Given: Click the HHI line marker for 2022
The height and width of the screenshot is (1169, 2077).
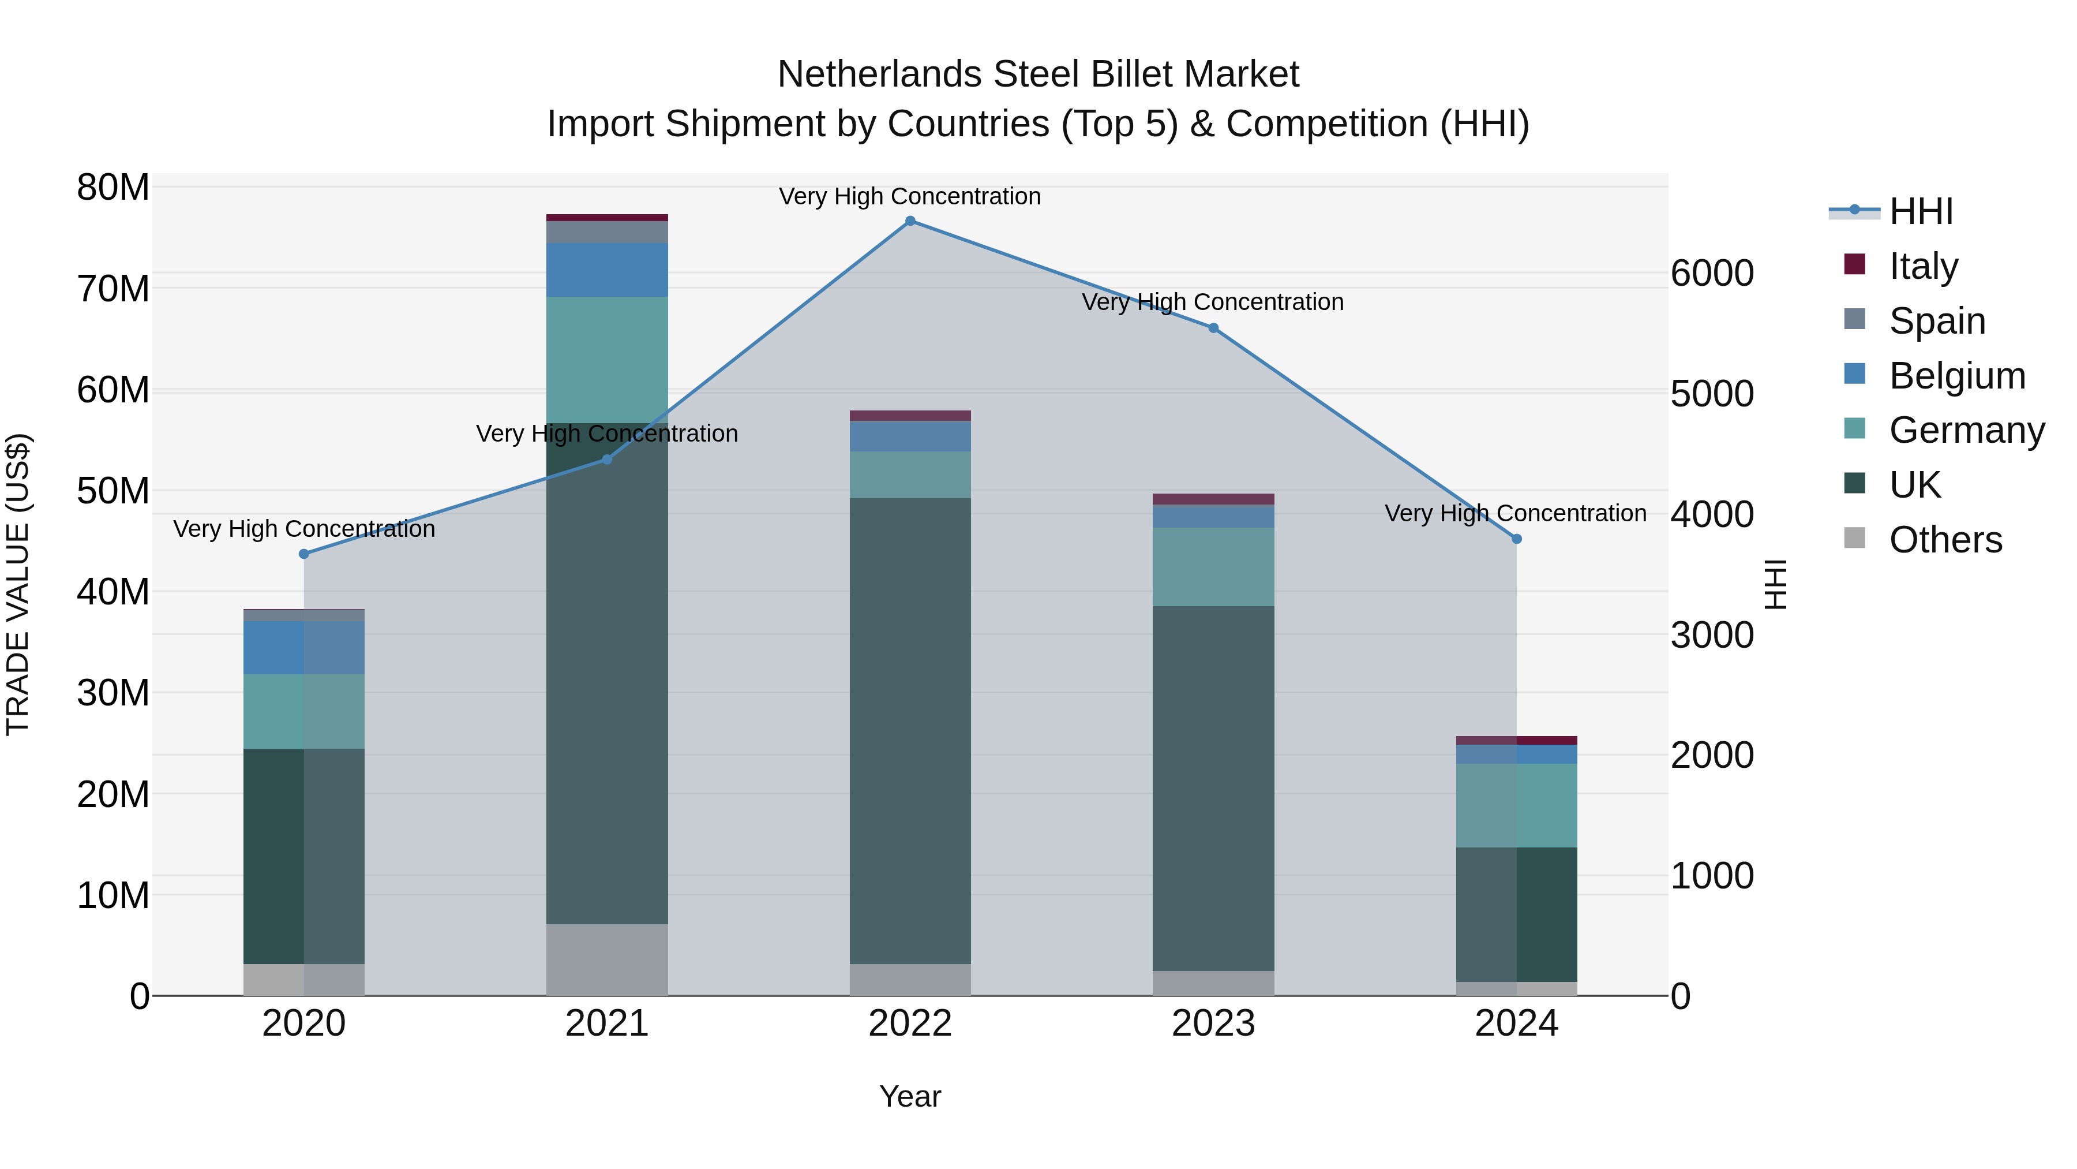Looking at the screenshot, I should [x=910, y=221].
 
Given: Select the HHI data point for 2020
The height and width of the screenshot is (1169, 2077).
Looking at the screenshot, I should [x=304, y=554].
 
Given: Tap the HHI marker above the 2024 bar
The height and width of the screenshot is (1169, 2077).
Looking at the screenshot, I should [x=1517, y=539].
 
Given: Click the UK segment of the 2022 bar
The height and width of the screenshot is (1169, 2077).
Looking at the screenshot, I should [x=910, y=730].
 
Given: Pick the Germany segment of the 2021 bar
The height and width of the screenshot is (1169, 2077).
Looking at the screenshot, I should [x=607, y=359].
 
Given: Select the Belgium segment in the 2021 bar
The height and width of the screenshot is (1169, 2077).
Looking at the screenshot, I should [x=607, y=270].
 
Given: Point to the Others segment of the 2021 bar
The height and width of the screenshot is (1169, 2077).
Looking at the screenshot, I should [x=607, y=959].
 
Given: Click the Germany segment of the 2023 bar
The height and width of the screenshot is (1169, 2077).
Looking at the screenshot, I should [x=1213, y=566].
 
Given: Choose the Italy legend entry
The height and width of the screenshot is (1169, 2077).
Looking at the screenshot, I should [x=1923, y=266].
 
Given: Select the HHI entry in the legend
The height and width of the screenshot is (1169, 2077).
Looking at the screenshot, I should [x=1921, y=211].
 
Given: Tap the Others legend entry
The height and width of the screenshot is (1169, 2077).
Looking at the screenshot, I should [x=1945, y=539].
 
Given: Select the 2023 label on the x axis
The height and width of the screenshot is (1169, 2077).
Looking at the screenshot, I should [x=1213, y=1024].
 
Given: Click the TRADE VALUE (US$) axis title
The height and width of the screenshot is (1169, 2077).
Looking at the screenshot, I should [x=18, y=584].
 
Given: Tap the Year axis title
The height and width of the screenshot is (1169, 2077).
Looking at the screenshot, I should [x=910, y=1096].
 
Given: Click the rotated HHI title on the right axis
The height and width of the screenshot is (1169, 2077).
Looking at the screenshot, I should [x=1775, y=584].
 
